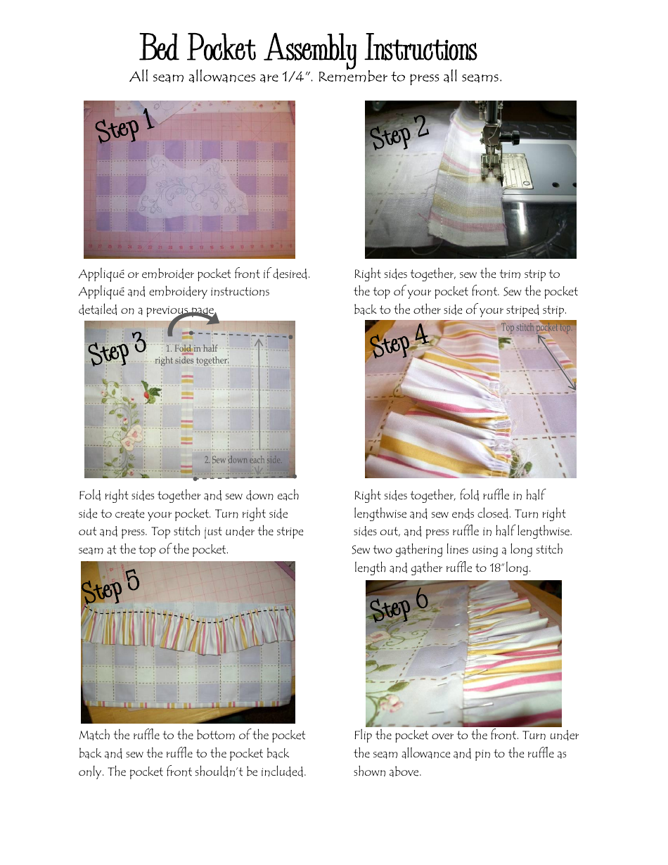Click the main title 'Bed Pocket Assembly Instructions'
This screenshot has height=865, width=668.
click(x=308, y=49)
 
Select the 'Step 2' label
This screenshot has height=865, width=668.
click(x=399, y=131)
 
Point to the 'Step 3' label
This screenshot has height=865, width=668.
click(x=117, y=348)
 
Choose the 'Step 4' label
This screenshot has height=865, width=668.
click(x=399, y=341)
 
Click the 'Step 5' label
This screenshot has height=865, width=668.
click(x=111, y=586)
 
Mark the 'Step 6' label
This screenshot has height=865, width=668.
click(x=399, y=604)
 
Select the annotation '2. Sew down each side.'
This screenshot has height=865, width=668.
click(x=243, y=460)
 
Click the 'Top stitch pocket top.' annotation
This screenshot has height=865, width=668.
click(x=537, y=328)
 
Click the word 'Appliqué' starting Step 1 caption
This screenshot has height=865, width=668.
click(x=101, y=274)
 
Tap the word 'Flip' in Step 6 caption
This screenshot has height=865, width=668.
click(x=363, y=736)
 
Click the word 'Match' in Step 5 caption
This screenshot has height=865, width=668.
click(x=94, y=736)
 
